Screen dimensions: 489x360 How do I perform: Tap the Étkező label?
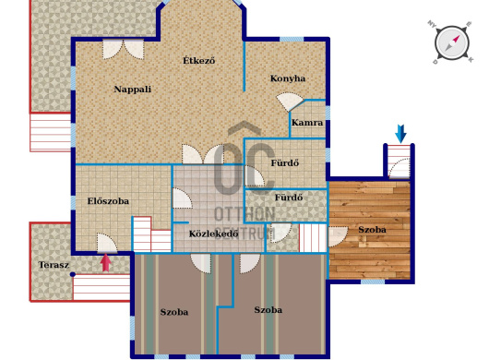[x=199, y=60]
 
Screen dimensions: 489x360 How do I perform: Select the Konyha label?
[x=288, y=78]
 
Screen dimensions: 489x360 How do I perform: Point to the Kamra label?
[x=307, y=123]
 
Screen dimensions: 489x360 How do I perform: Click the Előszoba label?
[x=108, y=201]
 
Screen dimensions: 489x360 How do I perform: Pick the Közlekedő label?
[x=214, y=234]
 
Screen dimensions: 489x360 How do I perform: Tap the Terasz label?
[x=54, y=265]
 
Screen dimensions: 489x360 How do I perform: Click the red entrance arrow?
[x=106, y=262]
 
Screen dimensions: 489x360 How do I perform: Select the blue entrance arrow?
[x=400, y=134]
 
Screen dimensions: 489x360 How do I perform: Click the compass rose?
[x=452, y=42]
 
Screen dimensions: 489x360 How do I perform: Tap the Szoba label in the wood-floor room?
[x=372, y=230]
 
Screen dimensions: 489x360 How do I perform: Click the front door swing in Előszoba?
[x=107, y=243]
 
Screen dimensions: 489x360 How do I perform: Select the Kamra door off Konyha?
[x=291, y=102]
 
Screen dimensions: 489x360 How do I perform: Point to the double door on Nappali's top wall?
[x=124, y=49]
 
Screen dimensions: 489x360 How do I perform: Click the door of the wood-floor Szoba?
[x=338, y=236]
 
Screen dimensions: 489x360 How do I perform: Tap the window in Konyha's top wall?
[x=292, y=40]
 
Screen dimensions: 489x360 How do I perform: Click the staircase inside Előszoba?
[x=151, y=234]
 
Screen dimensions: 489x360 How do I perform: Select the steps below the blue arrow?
[x=399, y=162]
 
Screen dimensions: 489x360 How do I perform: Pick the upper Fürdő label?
[x=285, y=162]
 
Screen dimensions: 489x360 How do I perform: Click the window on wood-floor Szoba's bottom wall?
[x=373, y=282]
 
